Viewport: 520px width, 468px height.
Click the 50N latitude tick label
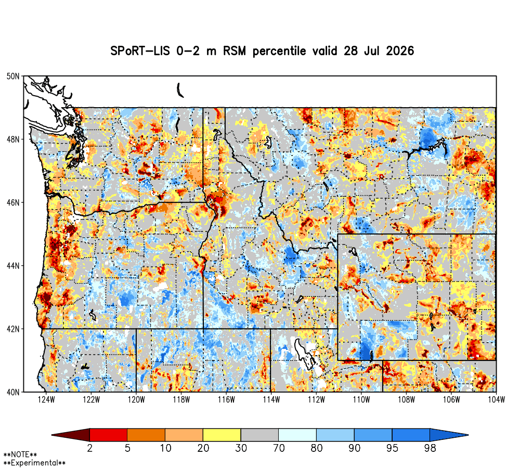pos(13,76)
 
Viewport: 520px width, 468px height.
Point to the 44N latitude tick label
pos(13,266)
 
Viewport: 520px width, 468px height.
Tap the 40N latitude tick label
pos(13,392)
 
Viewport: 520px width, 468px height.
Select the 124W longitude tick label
pos(46,400)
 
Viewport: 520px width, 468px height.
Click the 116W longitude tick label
pos(226,400)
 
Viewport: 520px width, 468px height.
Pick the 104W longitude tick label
pos(496,400)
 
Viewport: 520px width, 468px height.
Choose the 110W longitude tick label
pos(361,400)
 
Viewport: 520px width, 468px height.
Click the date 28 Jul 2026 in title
pos(379,51)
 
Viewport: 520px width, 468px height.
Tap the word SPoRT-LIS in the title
pos(139,51)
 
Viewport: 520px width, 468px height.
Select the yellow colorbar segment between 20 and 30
pos(222,435)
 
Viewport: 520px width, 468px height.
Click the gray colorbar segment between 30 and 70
pos(259,435)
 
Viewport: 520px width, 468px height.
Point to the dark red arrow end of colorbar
pos(71,435)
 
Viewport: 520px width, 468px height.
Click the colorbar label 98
pos(430,448)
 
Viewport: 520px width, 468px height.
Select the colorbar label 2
pos(89,448)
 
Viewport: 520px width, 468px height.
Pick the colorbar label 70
pos(279,448)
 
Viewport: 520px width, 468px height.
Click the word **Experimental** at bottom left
pos(34,463)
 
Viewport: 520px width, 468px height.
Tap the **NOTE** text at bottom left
pos(20,454)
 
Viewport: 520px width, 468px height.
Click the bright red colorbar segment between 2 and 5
pos(109,435)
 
